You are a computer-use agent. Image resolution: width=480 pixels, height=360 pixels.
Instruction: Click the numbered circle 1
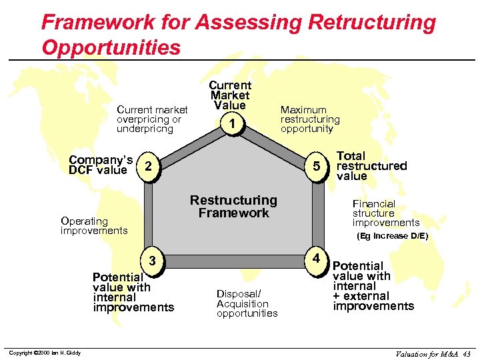click(x=231, y=124)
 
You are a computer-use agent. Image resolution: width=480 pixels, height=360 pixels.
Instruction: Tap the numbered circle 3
click(x=152, y=260)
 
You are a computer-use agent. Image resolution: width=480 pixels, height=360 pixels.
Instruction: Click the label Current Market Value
click(x=230, y=95)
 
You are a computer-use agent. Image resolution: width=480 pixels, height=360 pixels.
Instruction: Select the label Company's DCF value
click(x=101, y=165)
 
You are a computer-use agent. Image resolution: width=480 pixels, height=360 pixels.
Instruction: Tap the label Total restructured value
click(x=371, y=165)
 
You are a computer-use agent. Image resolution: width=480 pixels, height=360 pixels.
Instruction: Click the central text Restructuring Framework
click(x=233, y=207)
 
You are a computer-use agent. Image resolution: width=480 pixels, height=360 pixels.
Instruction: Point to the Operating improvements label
click(x=94, y=225)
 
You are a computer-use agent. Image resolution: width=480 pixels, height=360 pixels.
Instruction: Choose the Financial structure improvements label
click(x=386, y=213)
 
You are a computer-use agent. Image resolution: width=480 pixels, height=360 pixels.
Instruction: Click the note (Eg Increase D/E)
click(x=392, y=236)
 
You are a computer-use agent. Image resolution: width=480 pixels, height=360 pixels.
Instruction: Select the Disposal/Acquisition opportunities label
click(x=247, y=303)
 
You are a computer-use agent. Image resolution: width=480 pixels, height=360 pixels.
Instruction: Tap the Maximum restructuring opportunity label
click(x=310, y=119)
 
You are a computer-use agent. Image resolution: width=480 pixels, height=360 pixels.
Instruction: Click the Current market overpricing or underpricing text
click(x=152, y=119)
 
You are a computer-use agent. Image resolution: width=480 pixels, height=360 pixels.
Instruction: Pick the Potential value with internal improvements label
click(x=133, y=292)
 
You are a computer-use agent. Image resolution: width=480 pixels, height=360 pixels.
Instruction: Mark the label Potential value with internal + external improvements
click(x=373, y=286)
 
